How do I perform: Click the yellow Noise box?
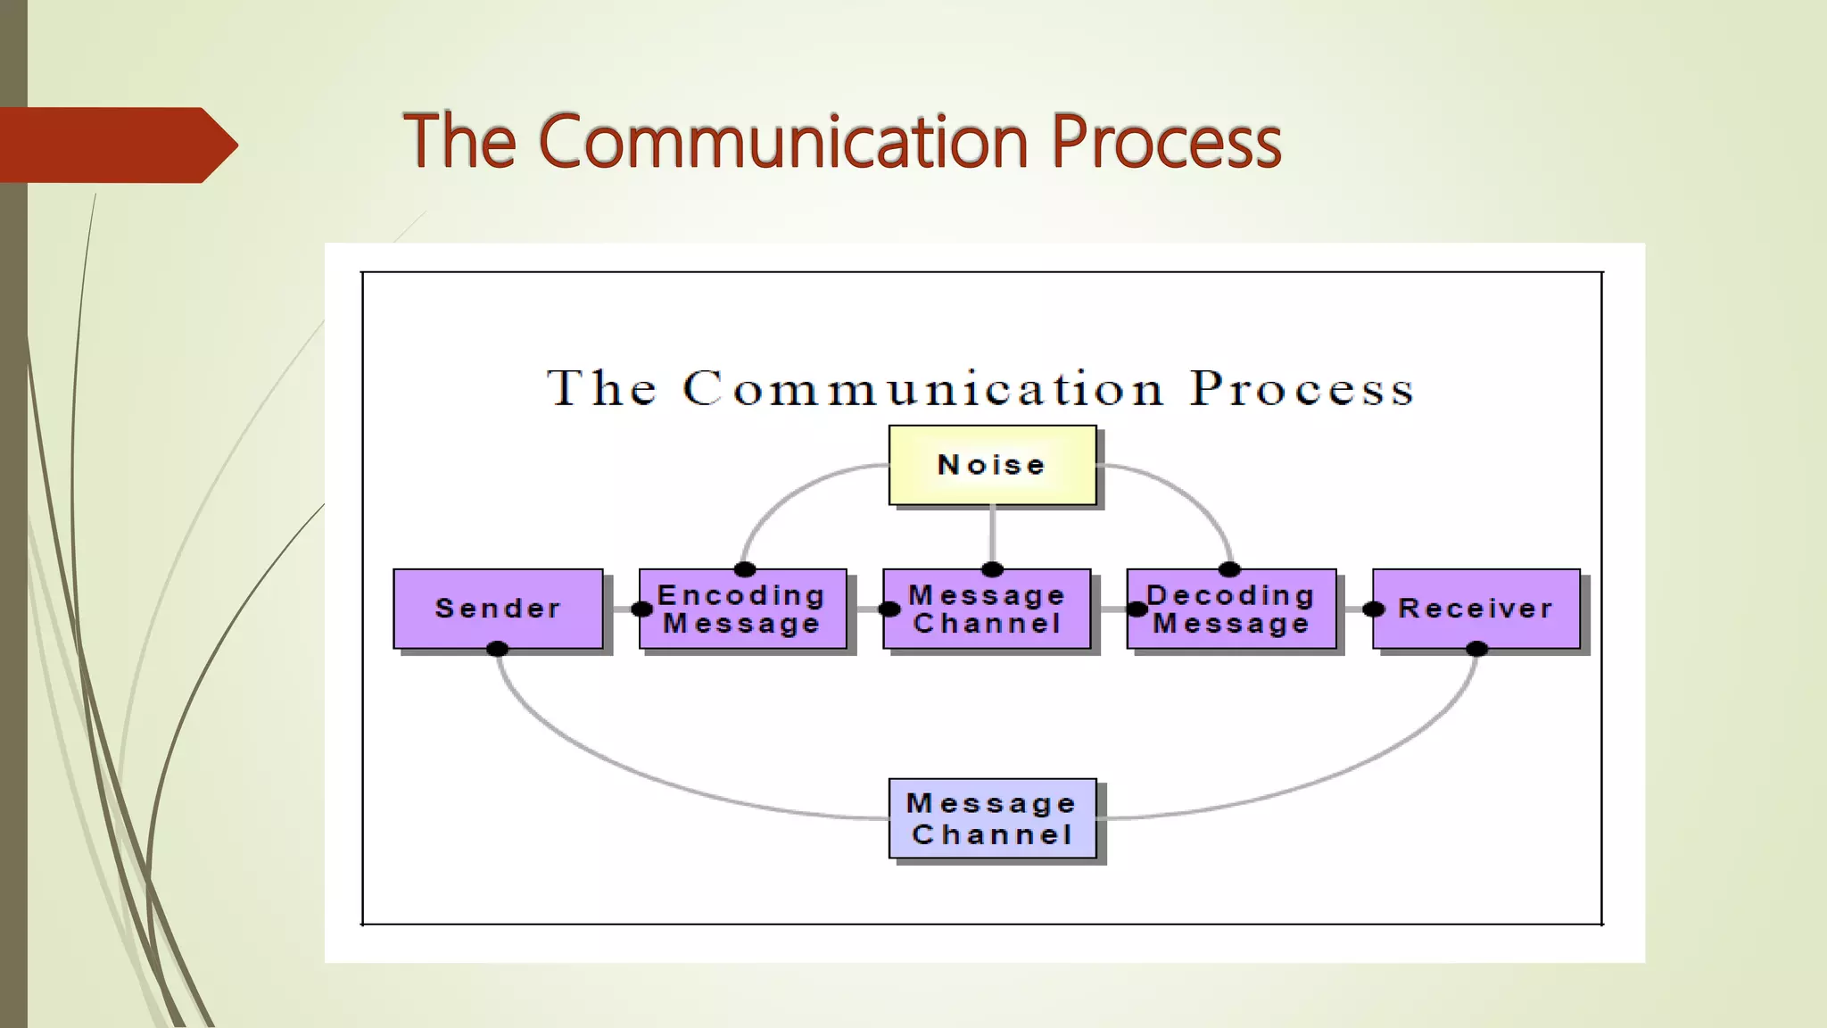tap(992, 465)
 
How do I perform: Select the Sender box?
tap(498, 609)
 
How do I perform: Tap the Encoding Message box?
tap(742, 609)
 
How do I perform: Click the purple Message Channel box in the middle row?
tap(987, 609)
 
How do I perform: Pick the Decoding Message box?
tap(1231, 609)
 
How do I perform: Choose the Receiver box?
tap(1476, 609)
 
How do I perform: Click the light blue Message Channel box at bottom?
tap(992, 818)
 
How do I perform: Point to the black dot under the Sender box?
tap(498, 649)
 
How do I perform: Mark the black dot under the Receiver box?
tap(1476, 649)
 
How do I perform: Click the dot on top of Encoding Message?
tap(745, 569)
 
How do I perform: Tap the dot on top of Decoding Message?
tap(1229, 569)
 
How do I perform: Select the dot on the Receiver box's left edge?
tap(1374, 609)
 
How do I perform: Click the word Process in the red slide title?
tap(1165, 141)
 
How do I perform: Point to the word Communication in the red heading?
tap(783, 141)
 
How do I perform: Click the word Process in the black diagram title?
tap(1302, 389)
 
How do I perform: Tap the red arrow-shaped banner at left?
tap(116, 145)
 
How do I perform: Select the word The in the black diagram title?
tap(602, 389)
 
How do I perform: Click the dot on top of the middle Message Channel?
tap(992, 569)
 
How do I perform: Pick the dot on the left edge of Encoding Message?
tap(641, 609)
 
